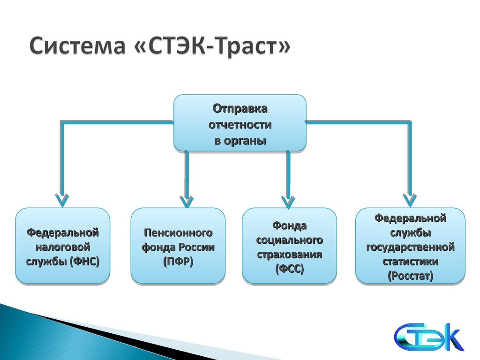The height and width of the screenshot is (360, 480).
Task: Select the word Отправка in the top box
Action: (240, 109)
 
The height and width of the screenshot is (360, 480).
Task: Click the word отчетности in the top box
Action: (240, 125)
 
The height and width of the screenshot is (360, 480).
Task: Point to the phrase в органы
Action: (240, 141)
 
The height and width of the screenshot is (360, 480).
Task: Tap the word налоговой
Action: (63, 247)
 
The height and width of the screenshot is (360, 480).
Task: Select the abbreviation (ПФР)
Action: (178, 262)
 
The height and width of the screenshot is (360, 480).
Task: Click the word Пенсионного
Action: (178, 232)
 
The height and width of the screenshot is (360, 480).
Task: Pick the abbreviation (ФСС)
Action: (289, 269)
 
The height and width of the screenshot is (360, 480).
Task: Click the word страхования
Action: (289, 255)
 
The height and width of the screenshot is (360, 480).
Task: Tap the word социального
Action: (289, 240)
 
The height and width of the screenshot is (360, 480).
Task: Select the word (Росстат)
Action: (410, 276)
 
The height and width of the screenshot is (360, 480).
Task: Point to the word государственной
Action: (410, 247)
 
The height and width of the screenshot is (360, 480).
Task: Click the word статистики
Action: (410, 261)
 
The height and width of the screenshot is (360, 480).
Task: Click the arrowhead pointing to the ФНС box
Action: (61, 200)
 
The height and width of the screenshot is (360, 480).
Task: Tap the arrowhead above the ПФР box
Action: (187, 200)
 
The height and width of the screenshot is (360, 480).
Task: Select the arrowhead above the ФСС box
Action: (288, 201)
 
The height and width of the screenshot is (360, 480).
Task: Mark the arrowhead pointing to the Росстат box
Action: (410, 200)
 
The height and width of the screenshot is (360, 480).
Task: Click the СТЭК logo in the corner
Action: (428, 337)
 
